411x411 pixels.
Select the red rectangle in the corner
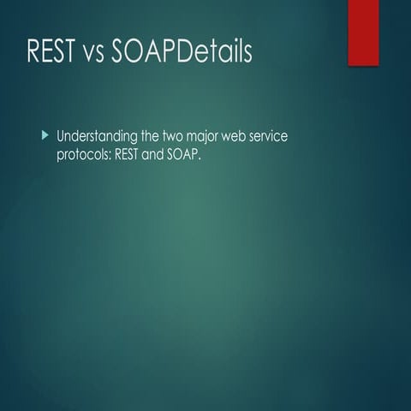tap(363, 32)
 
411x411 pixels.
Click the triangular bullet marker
tap(45, 136)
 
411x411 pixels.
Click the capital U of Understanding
tap(61, 137)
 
